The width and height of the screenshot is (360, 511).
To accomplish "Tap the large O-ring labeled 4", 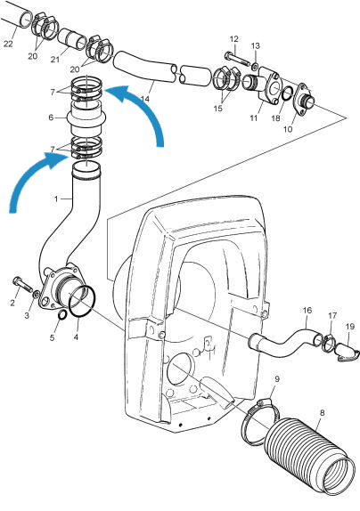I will coord(80,301).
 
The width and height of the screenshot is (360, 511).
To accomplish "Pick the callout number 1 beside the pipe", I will coord(55,197).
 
